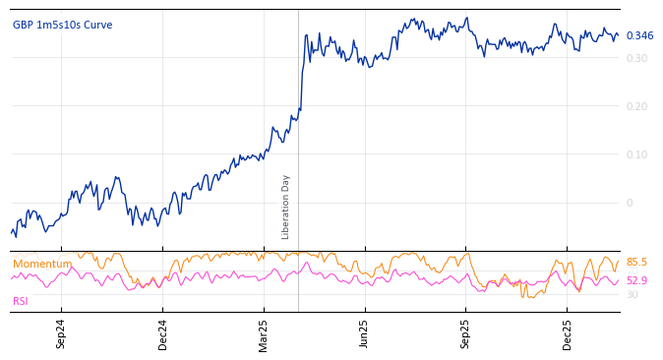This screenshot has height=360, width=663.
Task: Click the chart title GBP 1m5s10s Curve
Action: [62, 25]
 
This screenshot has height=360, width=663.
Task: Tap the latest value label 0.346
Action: [639, 35]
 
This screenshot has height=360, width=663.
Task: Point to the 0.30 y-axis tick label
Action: [638, 58]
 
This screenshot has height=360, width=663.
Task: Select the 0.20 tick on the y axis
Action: [638, 106]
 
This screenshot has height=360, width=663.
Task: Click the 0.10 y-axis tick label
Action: [638, 154]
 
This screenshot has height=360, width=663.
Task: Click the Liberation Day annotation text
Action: [286, 207]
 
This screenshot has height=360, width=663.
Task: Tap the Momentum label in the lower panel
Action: [42, 264]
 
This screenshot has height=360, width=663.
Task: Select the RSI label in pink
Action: [21, 301]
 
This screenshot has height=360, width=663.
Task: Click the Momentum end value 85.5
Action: [636, 262]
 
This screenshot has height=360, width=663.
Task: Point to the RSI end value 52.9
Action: [636, 280]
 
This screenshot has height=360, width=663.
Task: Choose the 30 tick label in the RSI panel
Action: [632, 294]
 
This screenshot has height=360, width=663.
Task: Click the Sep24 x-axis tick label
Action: [61, 333]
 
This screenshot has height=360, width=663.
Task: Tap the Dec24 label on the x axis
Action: [162, 333]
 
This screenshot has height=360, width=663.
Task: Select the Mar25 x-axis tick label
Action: [264, 333]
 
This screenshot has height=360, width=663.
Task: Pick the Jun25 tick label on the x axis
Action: [364, 333]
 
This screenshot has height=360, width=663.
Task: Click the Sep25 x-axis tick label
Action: [465, 333]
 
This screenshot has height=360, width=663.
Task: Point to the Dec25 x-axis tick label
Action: [567, 333]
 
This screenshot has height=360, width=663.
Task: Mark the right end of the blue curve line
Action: [619, 35]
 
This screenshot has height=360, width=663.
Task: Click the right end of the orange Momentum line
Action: [619, 262]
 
